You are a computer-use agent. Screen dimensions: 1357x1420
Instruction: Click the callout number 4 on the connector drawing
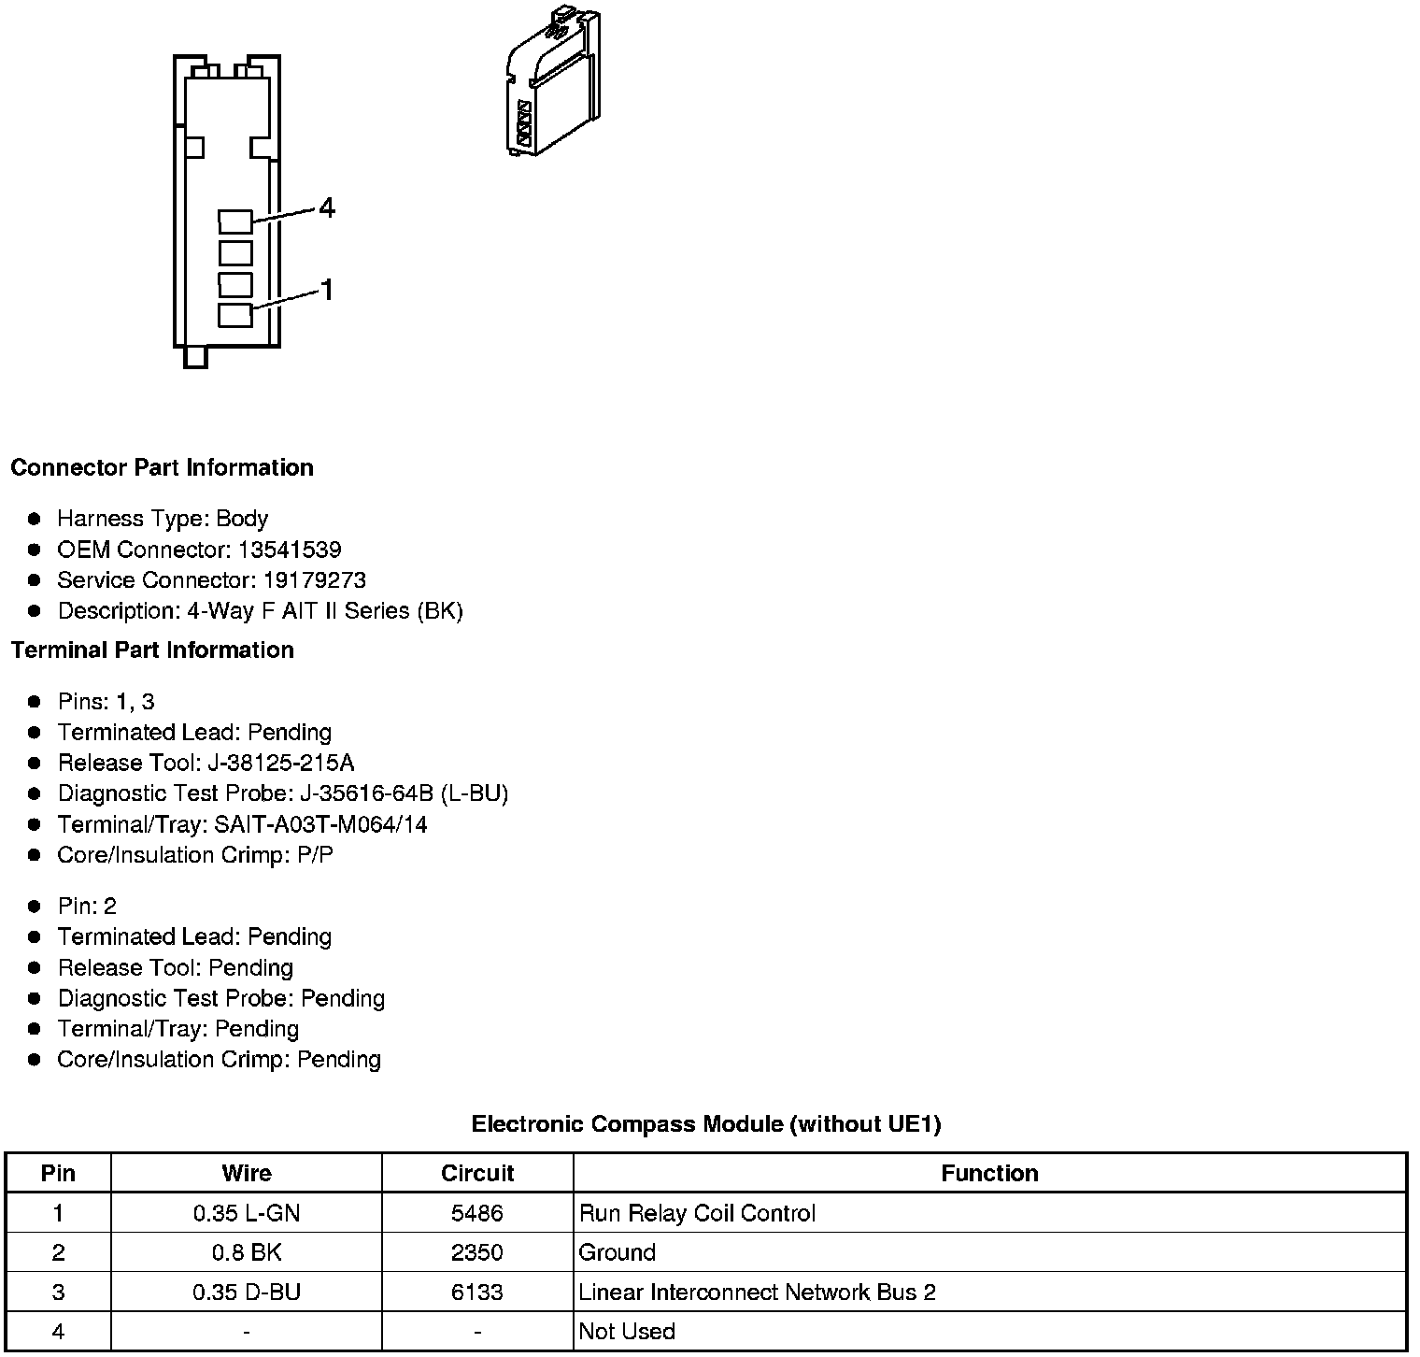click(326, 207)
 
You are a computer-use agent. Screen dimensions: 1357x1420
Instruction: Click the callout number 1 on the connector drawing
click(327, 291)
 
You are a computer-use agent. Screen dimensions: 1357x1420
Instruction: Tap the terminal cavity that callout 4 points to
click(235, 221)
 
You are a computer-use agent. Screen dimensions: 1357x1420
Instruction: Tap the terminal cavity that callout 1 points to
click(235, 315)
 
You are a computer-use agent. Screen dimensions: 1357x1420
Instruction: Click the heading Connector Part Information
click(162, 467)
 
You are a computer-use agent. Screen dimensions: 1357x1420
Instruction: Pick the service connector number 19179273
click(314, 580)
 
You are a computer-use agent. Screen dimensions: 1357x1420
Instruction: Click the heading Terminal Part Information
click(152, 650)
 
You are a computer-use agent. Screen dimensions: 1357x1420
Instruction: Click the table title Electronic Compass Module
click(705, 1123)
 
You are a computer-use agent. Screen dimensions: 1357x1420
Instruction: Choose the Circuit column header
click(477, 1173)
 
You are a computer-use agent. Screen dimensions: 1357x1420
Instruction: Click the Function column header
click(989, 1173)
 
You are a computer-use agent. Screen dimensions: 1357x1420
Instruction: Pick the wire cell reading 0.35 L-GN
click(247, 1213)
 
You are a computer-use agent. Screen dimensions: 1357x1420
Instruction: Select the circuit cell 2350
click(477, 1252)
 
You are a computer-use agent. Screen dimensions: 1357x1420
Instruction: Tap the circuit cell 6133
click(477, 1292)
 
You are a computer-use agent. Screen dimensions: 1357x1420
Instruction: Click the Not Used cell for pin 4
click(627, 1331)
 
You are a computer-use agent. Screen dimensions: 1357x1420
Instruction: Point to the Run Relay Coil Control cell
click(697, 1213)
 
